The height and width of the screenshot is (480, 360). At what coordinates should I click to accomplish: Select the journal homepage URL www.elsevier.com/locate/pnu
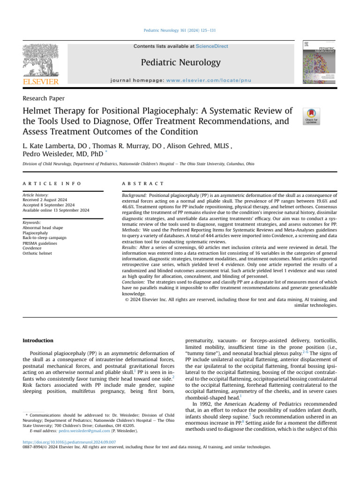pyautogui.click(x=216, y=81)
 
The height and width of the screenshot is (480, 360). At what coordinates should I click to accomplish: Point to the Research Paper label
pyautogui.click(x=44, y=98)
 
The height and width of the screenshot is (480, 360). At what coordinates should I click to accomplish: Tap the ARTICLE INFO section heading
pyautogui.click(x=52, y=184)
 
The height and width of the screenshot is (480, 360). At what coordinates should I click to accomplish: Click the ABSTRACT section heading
pyautogui.click(x=143, y=184)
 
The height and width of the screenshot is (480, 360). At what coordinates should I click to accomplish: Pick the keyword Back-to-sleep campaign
pyautogui.click(x=45, y=238)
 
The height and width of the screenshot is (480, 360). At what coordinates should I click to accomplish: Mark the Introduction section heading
pyautogui.click(x=38, y=340)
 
